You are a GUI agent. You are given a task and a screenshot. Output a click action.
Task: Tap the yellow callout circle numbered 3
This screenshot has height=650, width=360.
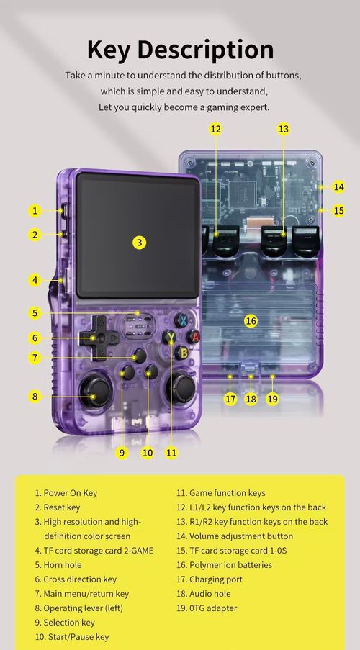(x=140, y=243)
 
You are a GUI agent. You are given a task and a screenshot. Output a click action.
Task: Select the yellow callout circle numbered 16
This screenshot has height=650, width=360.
(x=251, y=320)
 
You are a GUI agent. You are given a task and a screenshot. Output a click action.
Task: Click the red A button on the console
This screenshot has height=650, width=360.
(x=193, y=335)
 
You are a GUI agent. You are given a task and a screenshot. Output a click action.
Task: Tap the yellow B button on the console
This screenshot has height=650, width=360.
(x=184, y=352)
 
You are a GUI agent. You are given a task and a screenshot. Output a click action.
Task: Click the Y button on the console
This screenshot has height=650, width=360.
(x=171, y=336)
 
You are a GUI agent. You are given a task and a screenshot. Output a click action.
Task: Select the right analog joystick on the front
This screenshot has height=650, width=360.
(x=181, y=389)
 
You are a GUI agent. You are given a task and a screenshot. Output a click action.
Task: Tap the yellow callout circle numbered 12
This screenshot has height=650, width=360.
(x=215, y=129)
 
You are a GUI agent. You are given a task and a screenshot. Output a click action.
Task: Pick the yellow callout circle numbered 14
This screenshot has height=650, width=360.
(x=339, y=186)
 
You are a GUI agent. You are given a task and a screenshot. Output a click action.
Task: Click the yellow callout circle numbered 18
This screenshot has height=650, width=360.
(x=251, y=398)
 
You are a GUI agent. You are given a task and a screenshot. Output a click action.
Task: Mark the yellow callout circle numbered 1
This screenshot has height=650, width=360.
(x=34, y=211)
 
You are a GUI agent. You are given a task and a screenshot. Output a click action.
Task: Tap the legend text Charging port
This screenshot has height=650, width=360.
(x=215, y=579)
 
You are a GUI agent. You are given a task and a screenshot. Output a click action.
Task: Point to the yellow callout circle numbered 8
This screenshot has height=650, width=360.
(x=34, y=395)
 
